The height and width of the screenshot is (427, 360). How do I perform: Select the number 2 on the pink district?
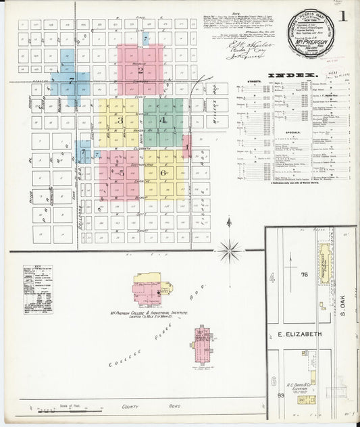140,70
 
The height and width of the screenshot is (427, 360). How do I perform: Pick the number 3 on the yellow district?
120,120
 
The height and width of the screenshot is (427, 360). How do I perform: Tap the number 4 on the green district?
163,120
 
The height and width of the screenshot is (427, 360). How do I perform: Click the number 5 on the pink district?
122,173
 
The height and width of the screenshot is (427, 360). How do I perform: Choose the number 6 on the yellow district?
164,173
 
